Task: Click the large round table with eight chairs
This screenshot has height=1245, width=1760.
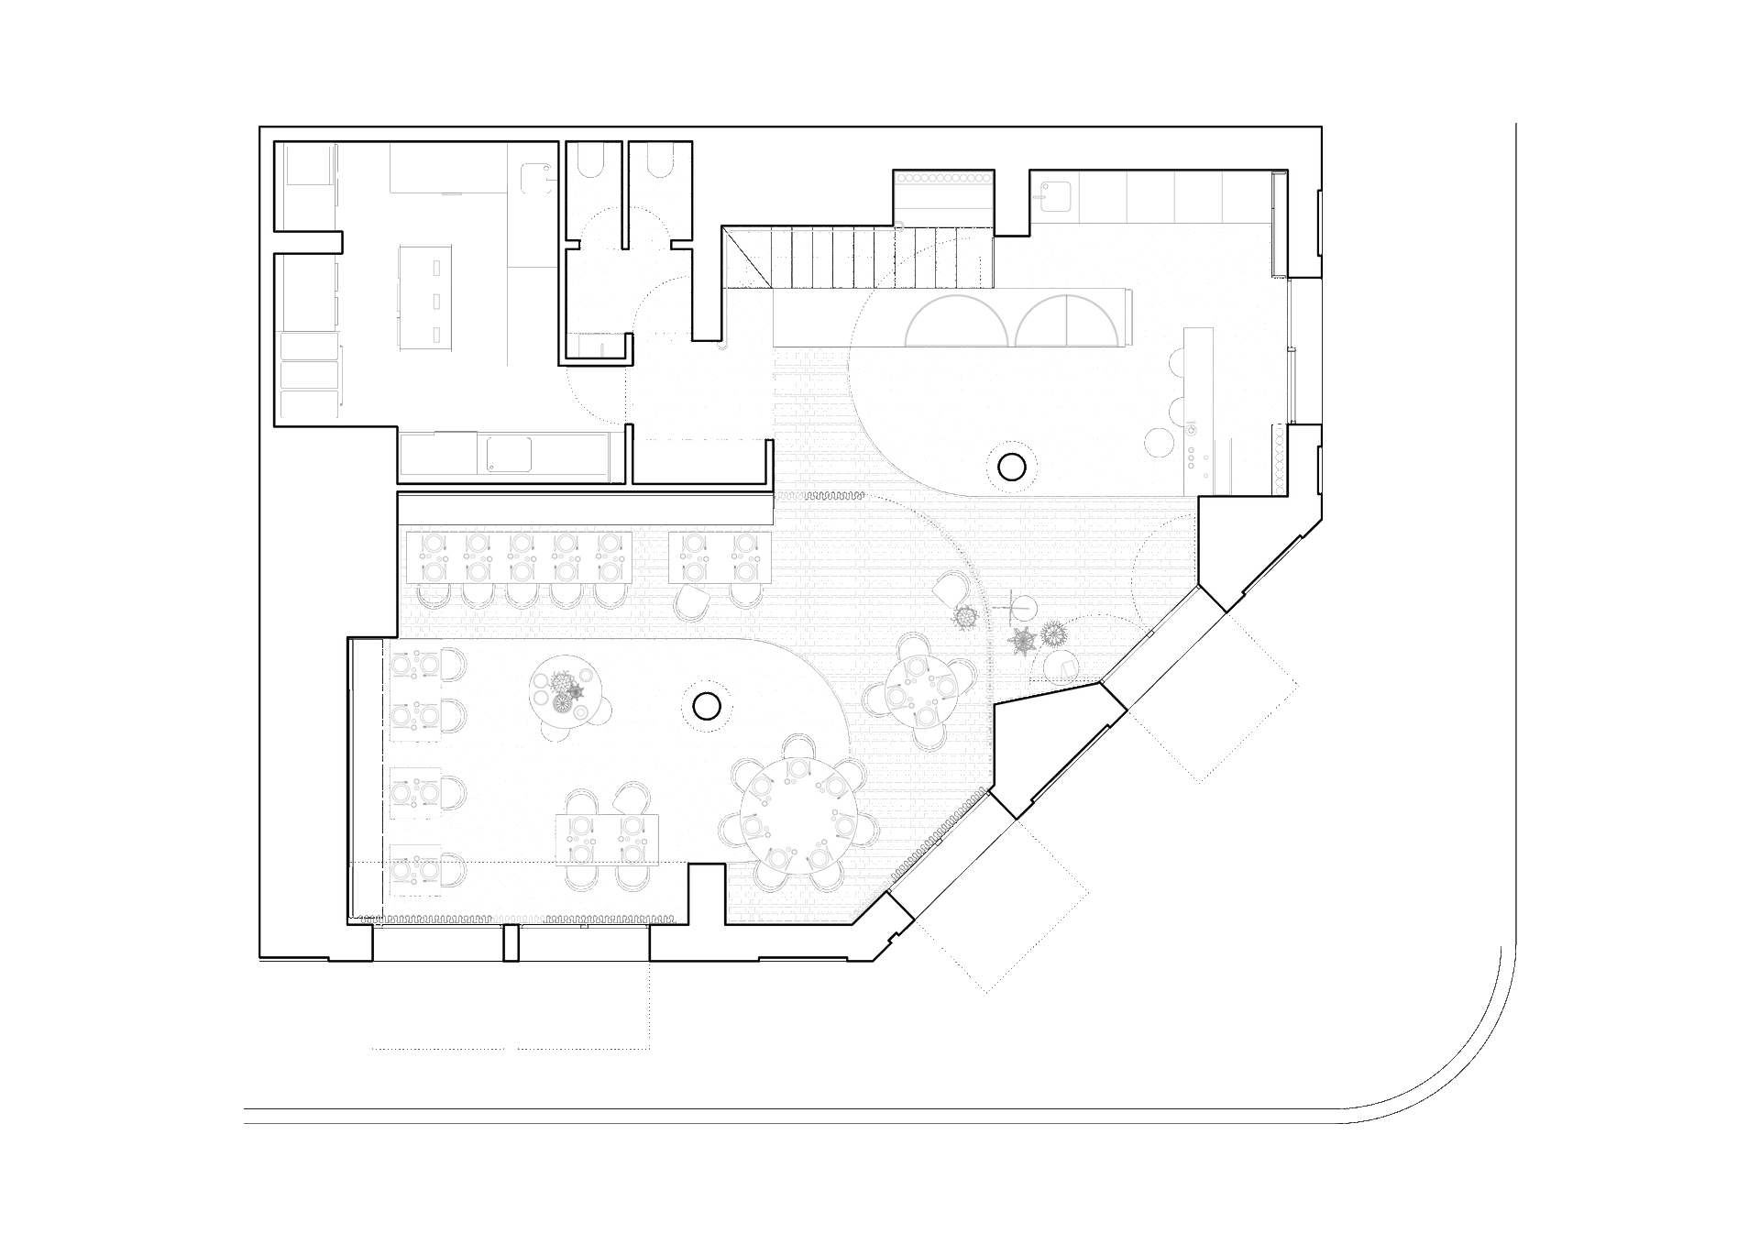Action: tap(798, 816)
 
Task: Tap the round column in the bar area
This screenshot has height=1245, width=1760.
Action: tap(1012, 468)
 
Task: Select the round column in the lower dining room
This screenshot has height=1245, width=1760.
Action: tap(707, 706)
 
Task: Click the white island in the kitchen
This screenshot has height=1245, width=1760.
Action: tap(424, 298)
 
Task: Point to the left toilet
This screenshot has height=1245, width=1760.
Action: tap(591, 161)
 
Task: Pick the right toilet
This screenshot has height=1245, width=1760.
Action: tap(660, 161)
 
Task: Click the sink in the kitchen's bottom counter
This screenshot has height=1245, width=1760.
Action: tap(508, 455)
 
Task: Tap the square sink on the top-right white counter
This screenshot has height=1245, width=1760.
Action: tap(1055, 196)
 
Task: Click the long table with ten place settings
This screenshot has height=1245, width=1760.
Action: tap(519, 556)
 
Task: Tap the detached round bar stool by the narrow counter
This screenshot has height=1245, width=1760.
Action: tap(1160, 443)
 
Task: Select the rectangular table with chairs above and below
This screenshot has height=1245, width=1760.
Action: tap(607, 840)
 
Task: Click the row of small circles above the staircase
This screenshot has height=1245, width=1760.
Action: tap(943, 178)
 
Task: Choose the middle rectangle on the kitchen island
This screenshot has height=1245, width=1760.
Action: tap(436, 302)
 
